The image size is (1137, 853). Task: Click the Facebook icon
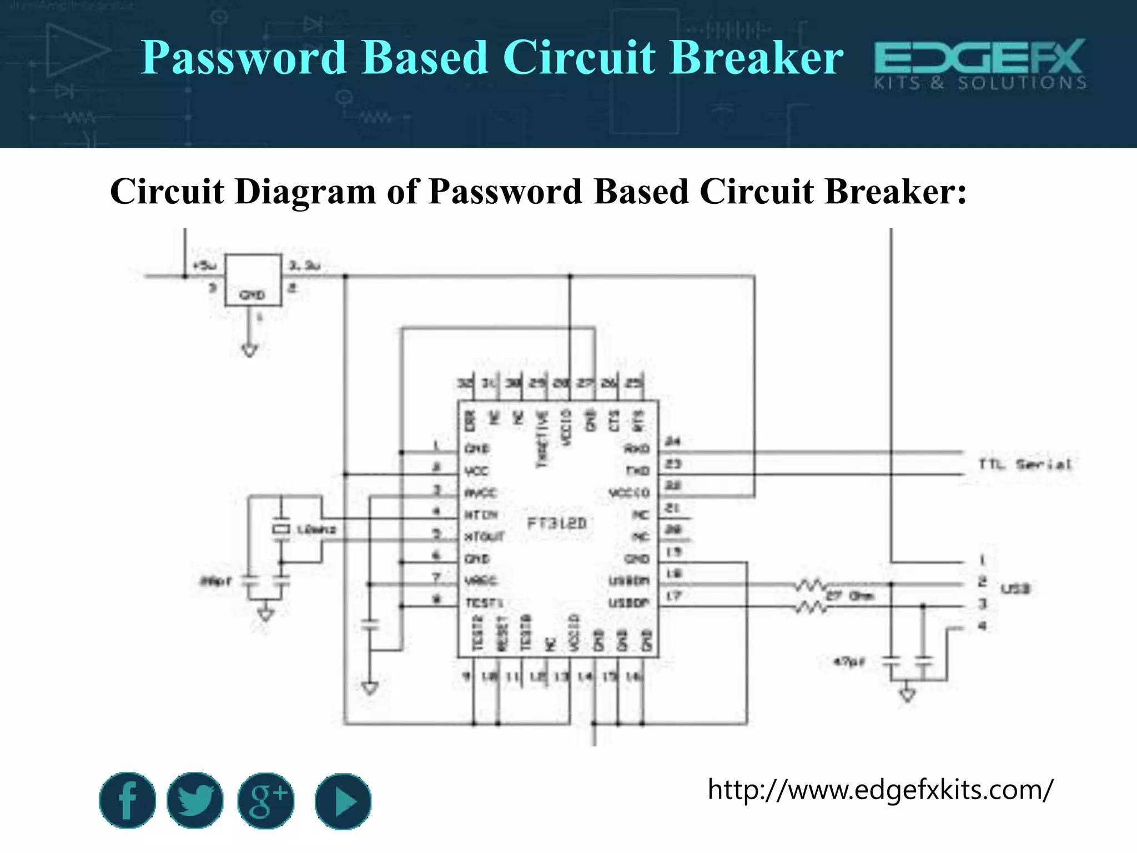point(127,800)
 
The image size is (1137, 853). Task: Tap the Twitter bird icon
point(195,800)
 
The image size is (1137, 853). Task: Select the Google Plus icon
point(266,801)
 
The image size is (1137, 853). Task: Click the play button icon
point(343,801)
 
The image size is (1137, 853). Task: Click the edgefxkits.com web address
point(880,789)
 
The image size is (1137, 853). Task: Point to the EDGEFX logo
point(980,63)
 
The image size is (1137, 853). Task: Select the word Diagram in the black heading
point(305,192)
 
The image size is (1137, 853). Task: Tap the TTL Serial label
point(1025,464)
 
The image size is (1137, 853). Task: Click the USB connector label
point(1015,589)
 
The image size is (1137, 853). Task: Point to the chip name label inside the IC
point(556,523)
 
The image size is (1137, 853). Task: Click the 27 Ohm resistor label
point(851,596)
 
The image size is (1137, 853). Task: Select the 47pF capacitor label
point(849,661)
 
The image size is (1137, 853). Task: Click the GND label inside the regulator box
point(252,295)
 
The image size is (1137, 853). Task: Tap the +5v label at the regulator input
point(204,266)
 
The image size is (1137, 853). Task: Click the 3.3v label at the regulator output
point(305,266)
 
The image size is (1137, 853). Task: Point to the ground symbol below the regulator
point(250,350)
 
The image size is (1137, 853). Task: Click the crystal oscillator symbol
point(281,529)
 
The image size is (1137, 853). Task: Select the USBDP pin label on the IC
point(629,603)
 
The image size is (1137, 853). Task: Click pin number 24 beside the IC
point(673,441)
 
